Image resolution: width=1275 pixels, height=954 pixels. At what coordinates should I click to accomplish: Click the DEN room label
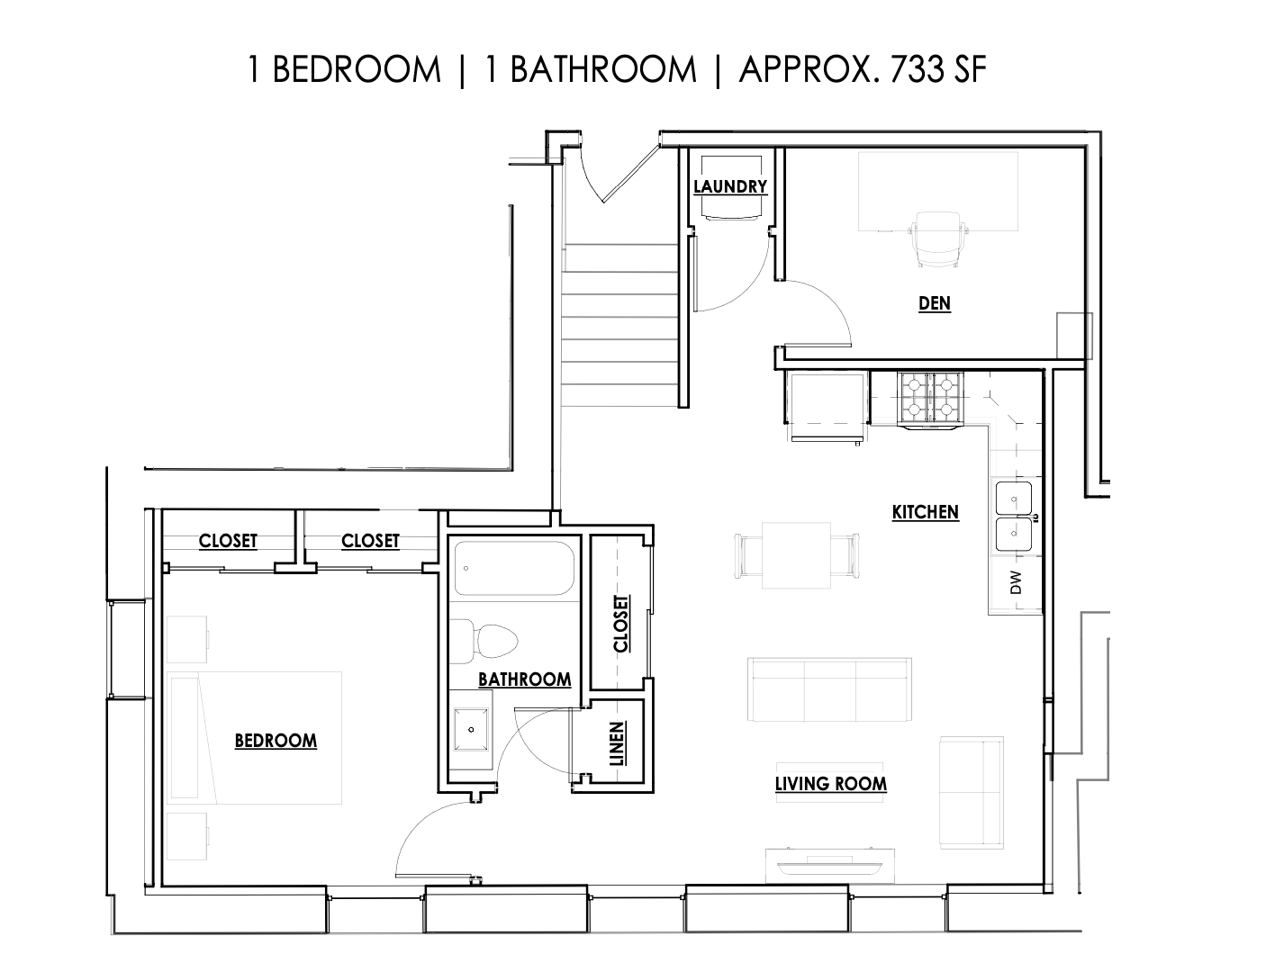coord(934,303)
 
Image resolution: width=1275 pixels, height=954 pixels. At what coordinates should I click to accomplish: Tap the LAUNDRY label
coord(730,187)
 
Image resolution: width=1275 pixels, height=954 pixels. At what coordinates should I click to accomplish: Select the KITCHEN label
coord(925,512)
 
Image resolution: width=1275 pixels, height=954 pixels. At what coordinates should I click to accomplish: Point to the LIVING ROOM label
coord(830,784)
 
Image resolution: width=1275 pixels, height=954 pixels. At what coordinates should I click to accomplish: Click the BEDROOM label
coord(276,741)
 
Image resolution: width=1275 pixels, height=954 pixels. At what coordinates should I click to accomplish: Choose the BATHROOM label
coord(525,679)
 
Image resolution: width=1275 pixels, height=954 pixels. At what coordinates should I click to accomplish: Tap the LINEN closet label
coord(617,743)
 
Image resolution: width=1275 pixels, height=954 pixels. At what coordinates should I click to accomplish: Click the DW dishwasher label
coord(1016,582)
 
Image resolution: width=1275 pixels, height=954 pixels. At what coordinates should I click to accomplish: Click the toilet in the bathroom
coord(484,641)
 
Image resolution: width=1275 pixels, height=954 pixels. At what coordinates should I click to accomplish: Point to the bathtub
coord(514,568)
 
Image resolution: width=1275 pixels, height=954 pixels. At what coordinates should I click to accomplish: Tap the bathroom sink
coord(471,729)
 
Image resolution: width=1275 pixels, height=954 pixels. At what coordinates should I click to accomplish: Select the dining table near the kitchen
coord(796,555)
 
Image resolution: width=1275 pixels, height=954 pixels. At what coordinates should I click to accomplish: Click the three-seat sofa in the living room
coord(829,689)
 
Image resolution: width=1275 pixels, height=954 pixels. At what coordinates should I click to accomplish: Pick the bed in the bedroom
coord(255,738)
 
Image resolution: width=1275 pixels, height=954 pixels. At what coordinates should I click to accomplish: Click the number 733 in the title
coord(916,69)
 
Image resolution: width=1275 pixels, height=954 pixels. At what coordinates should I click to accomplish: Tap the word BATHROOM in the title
coord(602,69)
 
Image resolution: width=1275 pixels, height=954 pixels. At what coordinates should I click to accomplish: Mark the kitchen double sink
coord(1014,517)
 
